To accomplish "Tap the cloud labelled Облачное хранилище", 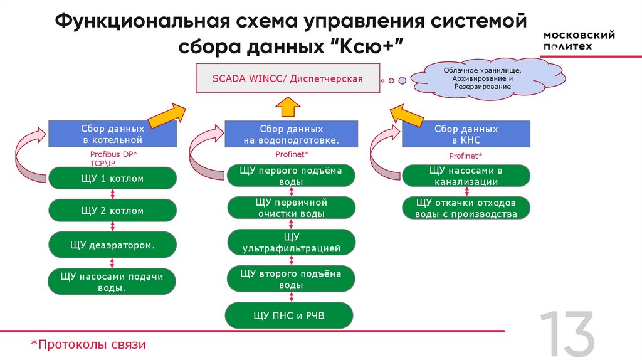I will [x=478, y=78].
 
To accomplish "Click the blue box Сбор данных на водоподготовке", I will [x=292, y=134].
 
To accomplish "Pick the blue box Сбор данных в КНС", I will [x=466, y=134].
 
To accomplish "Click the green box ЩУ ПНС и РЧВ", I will [x=289, y=315].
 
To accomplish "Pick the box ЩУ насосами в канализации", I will [x=466, y=176].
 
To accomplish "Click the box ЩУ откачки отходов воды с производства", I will [x=466, y=208].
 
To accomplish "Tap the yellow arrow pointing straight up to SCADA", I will [x=288, y=107].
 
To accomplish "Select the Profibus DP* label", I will [x=113, y=154].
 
